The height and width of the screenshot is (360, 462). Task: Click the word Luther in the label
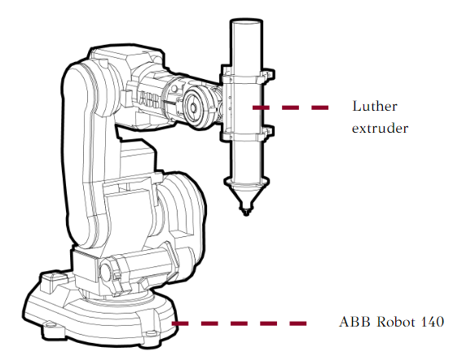pos(375,106)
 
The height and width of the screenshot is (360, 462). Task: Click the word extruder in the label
pos(380,129)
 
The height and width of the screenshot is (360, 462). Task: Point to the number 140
pos(433,322)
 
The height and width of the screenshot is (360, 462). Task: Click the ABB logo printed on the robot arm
pos(149,99)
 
